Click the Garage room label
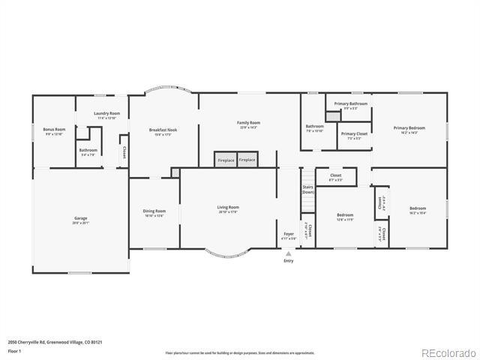click(x=80, y=218)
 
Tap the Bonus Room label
click(x=54, y=130)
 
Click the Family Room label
click(x=248, y=123)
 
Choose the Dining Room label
click(x=154, y=211)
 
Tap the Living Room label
click(x=228, y=208)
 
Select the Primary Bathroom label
click(x=350, y=103)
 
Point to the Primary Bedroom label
click(x=410, y=128)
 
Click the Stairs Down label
click(x=307, y=189)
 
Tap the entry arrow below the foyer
click(x=288, y=253)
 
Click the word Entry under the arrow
click(x=288, y=261)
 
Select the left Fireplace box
click(x=226, y=160)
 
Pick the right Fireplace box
click(x=247, y=160)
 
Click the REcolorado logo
click(x=447, y=352)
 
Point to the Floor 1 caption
click(x=14, y=350)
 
